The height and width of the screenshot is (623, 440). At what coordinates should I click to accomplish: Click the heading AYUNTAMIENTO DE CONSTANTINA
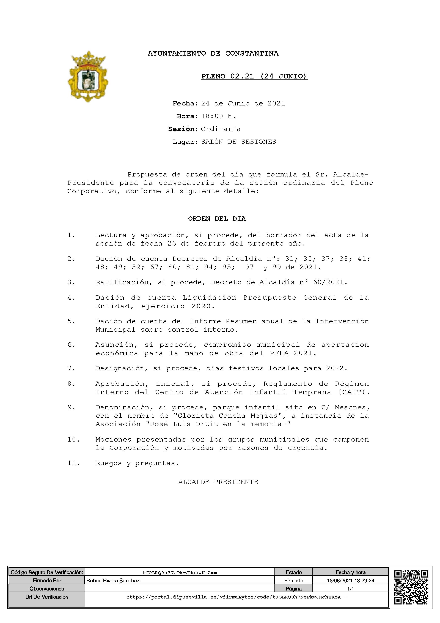pyautogui.click(x=213, y=53)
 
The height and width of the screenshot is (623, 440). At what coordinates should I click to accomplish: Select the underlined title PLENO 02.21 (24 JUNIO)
pyautogui.click(x=254, y=77)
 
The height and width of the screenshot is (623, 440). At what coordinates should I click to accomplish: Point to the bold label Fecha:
pyautogui.click(x=185, y=103)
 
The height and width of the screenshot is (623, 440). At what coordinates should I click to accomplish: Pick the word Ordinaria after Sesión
pyautogui.click(x=221, y=129)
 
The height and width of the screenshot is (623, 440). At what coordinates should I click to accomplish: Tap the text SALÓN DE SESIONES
pyautogui.click(x=239, y=142)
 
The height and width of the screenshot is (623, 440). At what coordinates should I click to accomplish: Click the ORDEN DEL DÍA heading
pyautogui.click(x=217, y=219)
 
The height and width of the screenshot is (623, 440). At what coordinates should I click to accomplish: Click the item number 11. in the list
pyautogui.click(x=73, y=463)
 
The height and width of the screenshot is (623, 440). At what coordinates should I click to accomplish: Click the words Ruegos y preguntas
pyautogui.click(x=137, y=463)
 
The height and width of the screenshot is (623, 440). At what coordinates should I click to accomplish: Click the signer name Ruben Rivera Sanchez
pyautogui.click(x=113, y=580)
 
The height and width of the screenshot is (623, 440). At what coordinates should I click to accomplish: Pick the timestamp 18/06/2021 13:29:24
pyautogui.click(x=351, y=580)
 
